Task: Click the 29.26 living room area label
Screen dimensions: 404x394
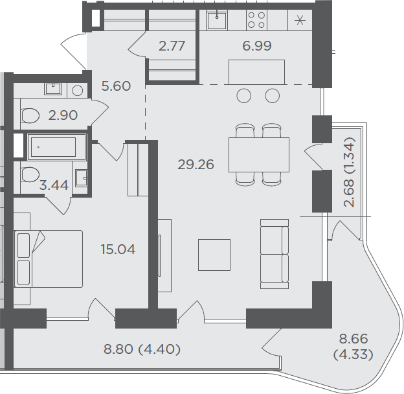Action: click(196, 165)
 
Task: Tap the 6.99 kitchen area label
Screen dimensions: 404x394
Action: click(257, 46)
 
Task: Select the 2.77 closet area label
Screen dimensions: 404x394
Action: click(172, 46)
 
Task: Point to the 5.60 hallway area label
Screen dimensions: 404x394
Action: click(116, 86)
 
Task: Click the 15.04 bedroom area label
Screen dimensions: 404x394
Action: click(118, 249)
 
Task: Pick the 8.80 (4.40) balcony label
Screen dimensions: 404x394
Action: click(142, 349)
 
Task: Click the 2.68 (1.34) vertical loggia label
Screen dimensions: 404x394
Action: click(350, 172)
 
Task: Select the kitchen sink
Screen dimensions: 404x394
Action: click(217, 20)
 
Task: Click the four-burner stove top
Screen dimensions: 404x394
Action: click(256, 20)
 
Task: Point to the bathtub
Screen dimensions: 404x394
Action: click(56, 147)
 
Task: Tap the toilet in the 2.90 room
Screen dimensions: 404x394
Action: click(30, 115)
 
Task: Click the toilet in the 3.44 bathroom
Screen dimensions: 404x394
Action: click(30, 174)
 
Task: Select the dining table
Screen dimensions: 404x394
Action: click(259, 155)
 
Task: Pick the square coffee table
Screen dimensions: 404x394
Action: click(214, 255)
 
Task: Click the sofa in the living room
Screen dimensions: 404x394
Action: click(275, 254)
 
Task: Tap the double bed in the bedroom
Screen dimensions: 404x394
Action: click(49, 259)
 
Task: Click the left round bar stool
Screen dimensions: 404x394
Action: click(243, 96)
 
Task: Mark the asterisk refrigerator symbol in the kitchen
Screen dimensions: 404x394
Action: click(300, 20)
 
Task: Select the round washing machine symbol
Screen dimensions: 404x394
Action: click(77, 91)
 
